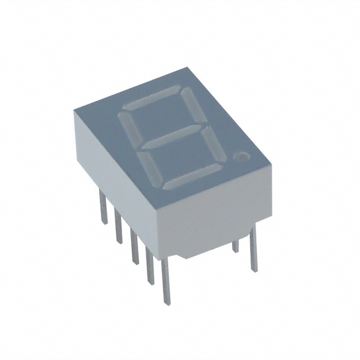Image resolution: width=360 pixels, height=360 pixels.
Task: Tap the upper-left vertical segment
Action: (x=127, y=125)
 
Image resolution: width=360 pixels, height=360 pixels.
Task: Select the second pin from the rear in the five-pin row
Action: (x=118, y=225)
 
